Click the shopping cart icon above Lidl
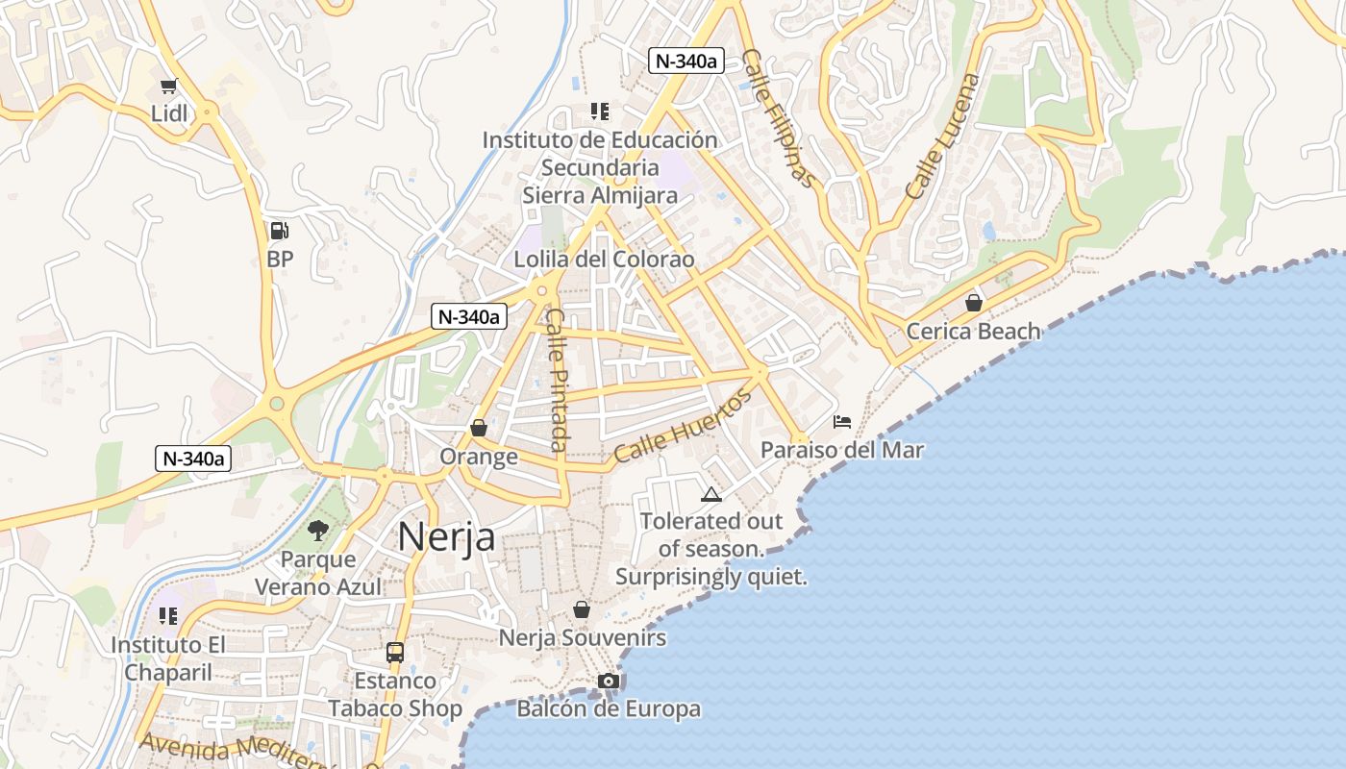click(x=170, y=87)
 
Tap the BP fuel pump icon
click(x=279, y=231)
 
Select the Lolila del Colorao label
click(x=604, y=260)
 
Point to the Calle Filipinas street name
click(x=780, y=119)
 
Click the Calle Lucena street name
click(x=943, y=136)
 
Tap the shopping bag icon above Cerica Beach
click(x=974, y=303)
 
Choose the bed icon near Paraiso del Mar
click(x=842, y=421)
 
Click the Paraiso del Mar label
click(x=842, y=450)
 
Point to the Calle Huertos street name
click(x=682, y=427)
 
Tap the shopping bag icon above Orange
click(x=478, y=428)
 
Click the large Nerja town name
click(x=447, y=536)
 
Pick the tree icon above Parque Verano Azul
click(x=317, y=530)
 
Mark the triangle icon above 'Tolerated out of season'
click(x=710, y=494)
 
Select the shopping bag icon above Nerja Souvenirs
click(x=581, y=609)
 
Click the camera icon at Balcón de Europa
click(x=608, y=682)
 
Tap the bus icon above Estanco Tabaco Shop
click(x=394, y=652)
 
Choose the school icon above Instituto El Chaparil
click(x=168, y=615)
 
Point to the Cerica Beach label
click(x=974, y=332)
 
